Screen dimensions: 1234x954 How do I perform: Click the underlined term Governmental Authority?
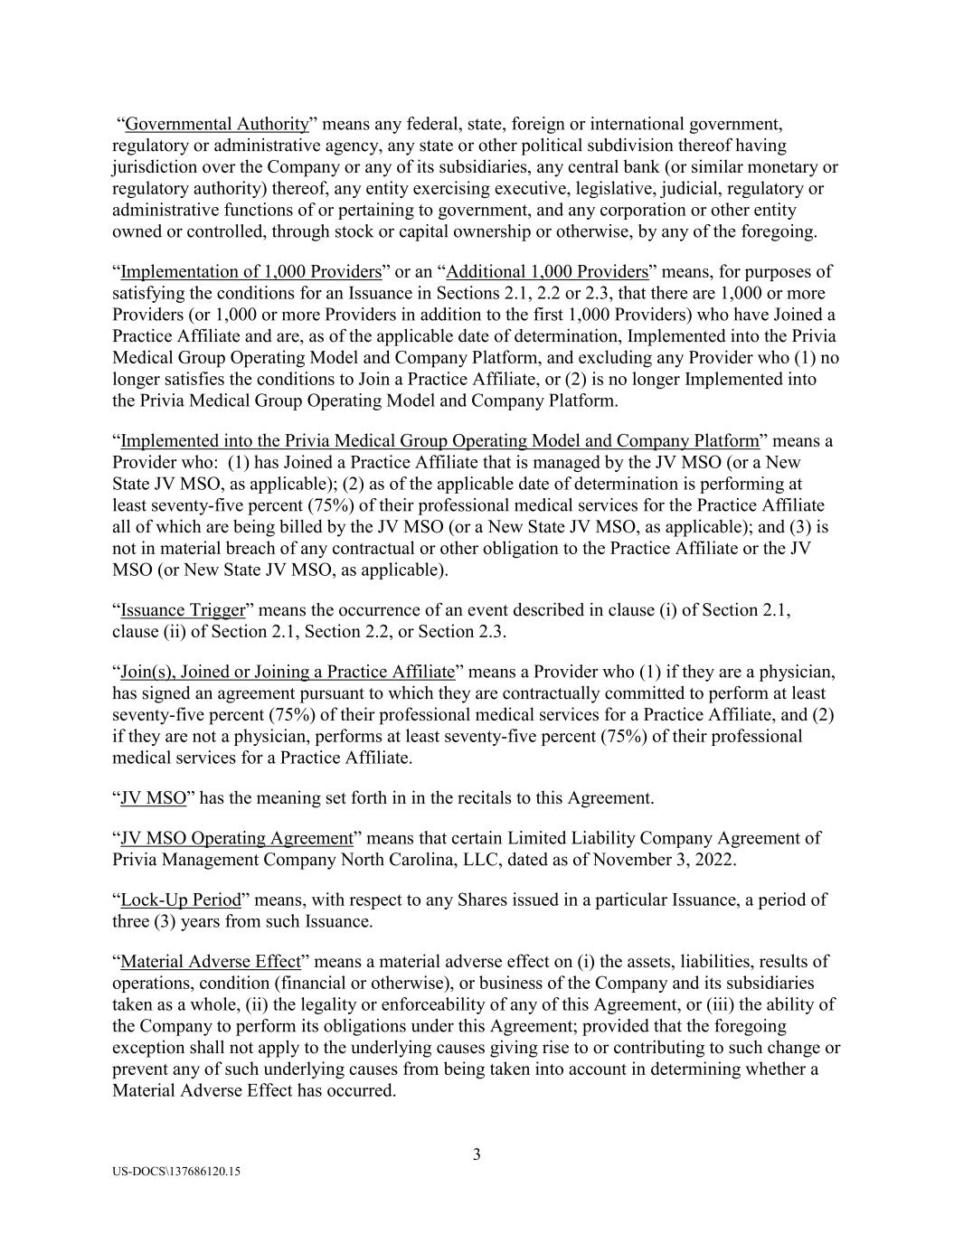(217, 124)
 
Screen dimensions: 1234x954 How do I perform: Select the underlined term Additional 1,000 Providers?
(547, 272)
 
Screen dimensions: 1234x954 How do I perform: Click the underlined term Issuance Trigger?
(183, 610)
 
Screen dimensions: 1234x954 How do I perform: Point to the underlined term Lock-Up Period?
(181, 900)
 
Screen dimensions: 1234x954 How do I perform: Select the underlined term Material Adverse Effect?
(210, 961)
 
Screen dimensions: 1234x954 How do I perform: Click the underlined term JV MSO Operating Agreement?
(236, 838)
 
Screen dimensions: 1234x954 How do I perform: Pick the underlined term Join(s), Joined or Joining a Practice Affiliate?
(287, 672)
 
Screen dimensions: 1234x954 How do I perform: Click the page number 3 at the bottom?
(477, 1154)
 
